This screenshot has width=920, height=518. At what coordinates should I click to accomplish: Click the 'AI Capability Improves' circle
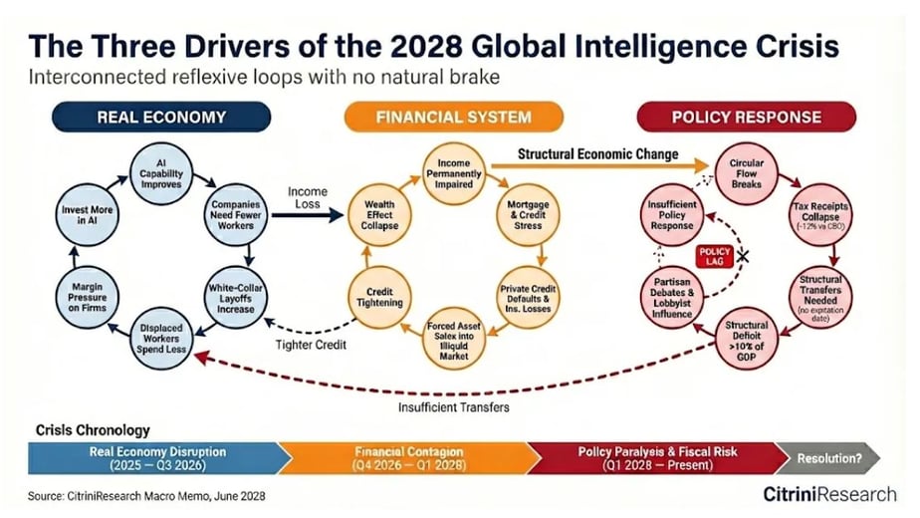click(x=160, y=174)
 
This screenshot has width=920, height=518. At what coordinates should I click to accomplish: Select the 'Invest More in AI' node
click(x=87, y=215)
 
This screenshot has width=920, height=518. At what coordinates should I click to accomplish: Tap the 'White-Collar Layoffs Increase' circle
click(x=235, y=298)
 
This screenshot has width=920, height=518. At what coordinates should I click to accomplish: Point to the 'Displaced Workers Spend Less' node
click(x=160, y=339)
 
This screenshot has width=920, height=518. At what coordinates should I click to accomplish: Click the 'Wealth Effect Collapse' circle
click(x=379, y=215)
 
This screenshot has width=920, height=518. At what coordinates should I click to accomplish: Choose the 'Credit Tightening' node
click(x=379, y=298)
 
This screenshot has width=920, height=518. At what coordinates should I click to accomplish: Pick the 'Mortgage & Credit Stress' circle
click(x=528, y=215)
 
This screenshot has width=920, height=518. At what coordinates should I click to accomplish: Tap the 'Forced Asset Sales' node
click(x=454, y=340)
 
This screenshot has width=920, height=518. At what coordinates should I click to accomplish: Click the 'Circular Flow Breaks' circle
click(x=747, y=174)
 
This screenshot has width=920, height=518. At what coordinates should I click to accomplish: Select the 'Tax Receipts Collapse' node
click(x=820, y=215)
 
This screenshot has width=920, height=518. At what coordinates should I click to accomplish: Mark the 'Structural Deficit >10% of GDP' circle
click(x=747, y=340)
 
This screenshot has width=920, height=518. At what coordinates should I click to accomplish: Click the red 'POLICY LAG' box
click(x=714, y=257)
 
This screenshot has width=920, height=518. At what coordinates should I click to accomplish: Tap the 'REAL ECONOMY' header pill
click(x=161, y=117)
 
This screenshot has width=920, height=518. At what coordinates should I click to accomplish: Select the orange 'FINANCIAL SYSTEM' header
click(x=454, y=117)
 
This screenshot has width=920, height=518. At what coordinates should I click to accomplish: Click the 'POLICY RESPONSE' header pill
click(x=747, y=117)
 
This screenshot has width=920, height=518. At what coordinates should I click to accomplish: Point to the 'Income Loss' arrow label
click(x=308, y=198)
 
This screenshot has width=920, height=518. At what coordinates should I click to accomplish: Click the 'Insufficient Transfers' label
click(x=454, y=407)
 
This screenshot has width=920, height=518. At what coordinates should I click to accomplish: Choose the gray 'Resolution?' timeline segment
click(x=828, y=458)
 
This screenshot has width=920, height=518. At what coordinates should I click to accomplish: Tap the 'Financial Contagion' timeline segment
click(x=409, y=458)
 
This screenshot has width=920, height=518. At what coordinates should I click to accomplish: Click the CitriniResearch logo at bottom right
click(x=829, y=494)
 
